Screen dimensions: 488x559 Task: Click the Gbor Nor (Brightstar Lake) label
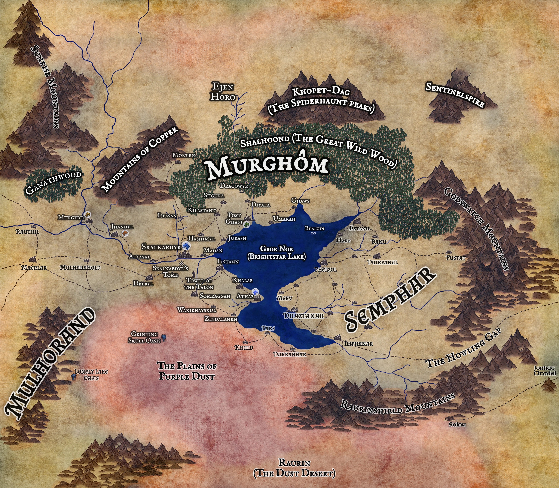click(x=276, y=252)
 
